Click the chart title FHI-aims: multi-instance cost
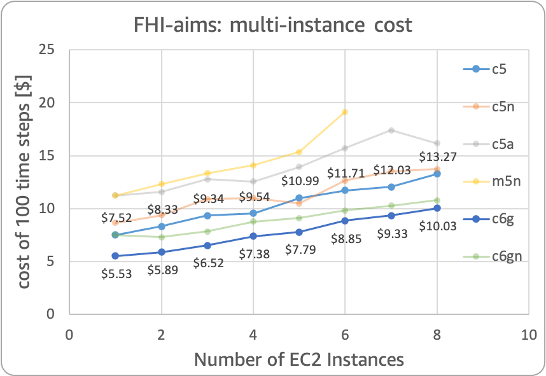point(272,25)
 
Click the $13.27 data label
point(437,157)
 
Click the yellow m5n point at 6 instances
point(345,112)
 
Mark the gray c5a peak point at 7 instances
point(391,130)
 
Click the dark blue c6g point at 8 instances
point(437,208)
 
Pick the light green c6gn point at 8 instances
point(437,200)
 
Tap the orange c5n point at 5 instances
point(299,204)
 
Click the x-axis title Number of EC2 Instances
point(298,359)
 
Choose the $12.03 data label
point(391,170)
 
